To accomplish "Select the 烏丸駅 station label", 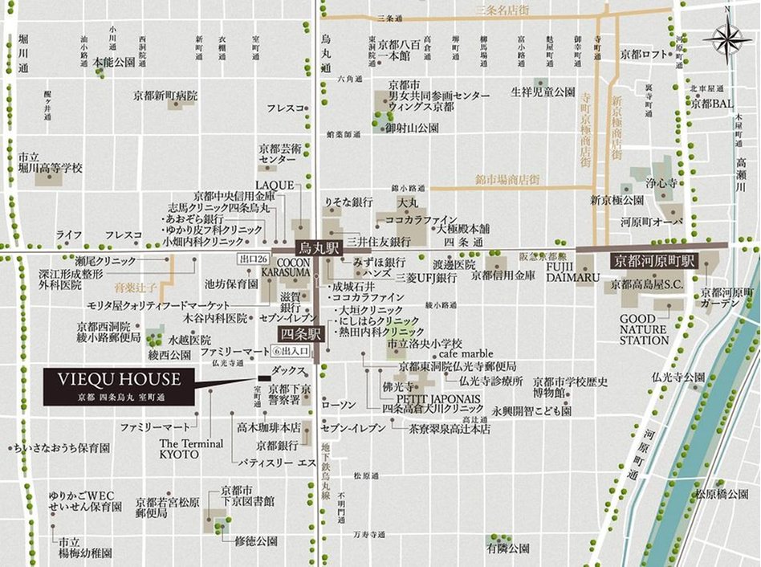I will [x=316, y=247].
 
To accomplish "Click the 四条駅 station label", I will [x=299, y=333].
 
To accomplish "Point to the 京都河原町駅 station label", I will [x=653, y=260].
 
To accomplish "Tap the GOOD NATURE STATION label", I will [x=645, y=329].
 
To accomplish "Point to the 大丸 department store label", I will [x=408, y=202].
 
